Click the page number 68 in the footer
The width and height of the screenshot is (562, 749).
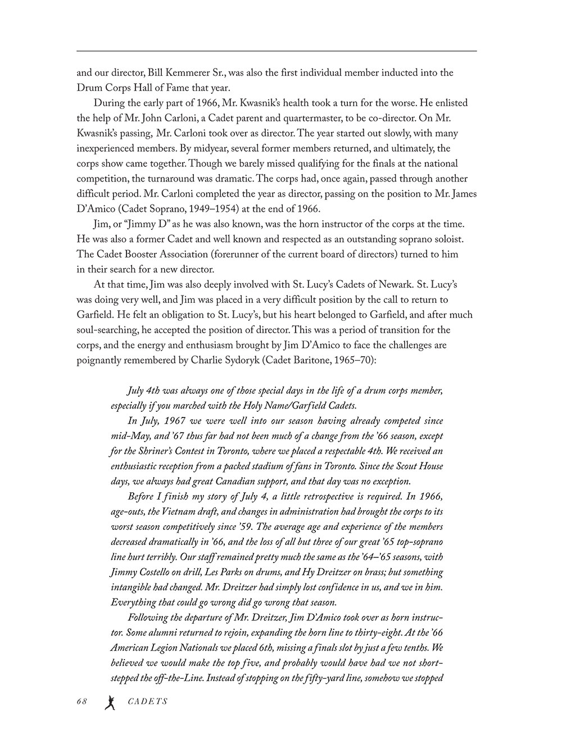pyautogui.click(x=83, y=701)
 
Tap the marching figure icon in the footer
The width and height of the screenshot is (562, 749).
pyautogui.click(x=111, y=702)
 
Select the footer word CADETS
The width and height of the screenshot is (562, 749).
pyautogui.click(x=147, y=702)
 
